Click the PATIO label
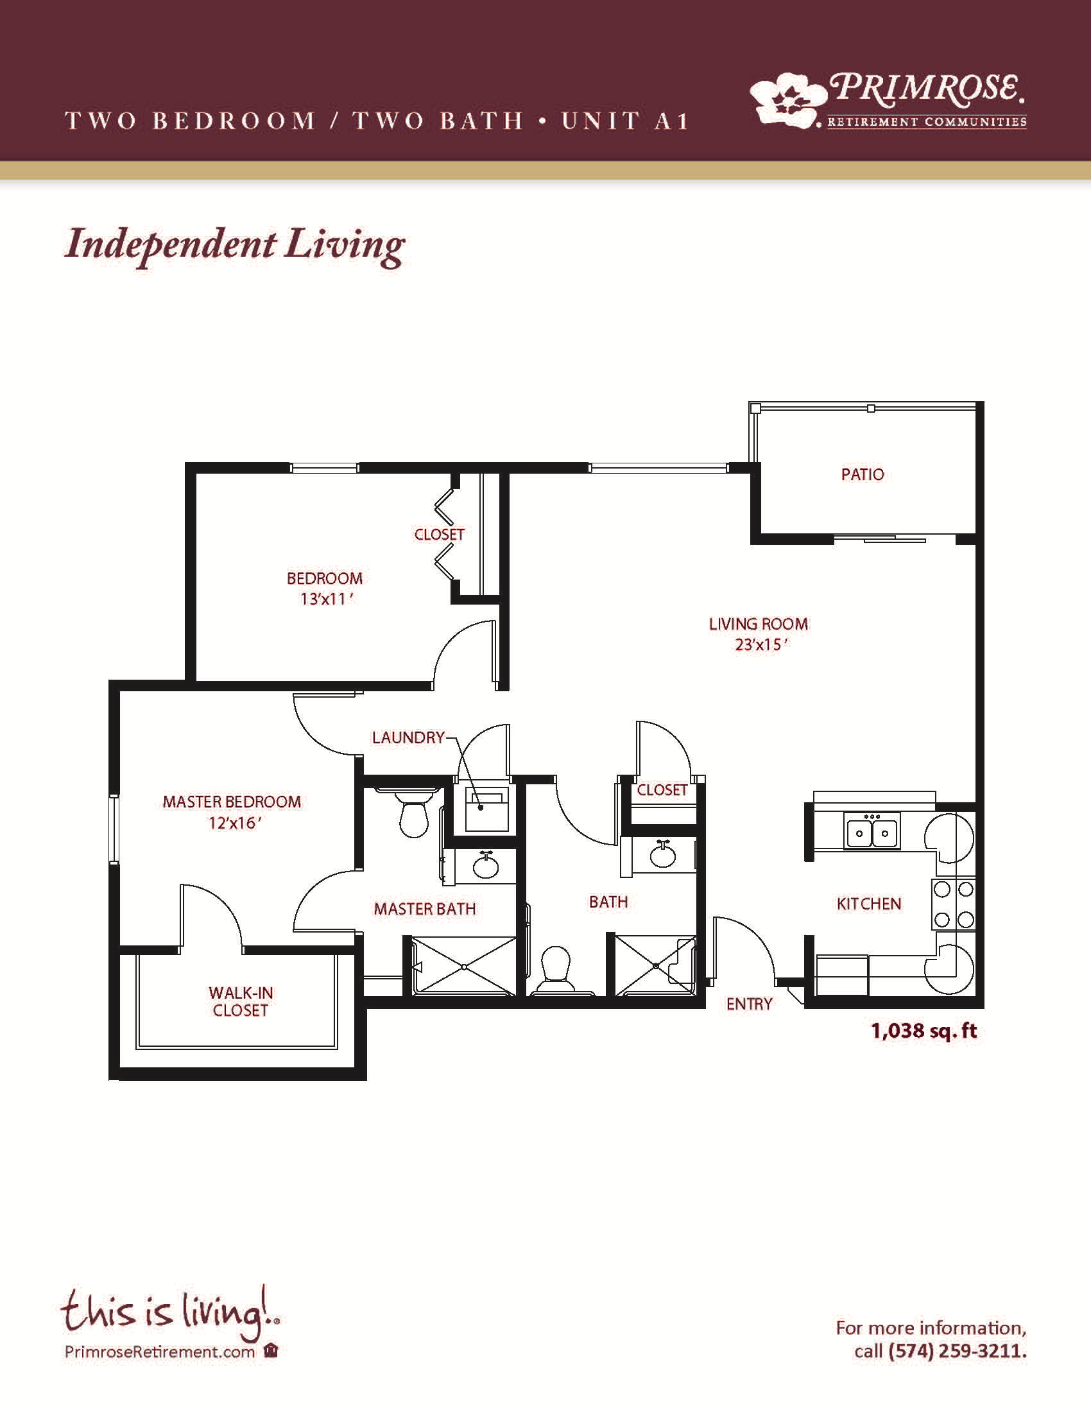[x=862, y=474]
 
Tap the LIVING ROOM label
[x=758, y=624]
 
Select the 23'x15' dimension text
[x=760, y=644]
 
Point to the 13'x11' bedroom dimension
[x=326, y=599]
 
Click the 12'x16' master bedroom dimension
[x=234, y=822]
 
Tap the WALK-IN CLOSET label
[x=241, y=1001]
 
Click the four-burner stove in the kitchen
[x=953, y=904]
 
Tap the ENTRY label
[x=749, y=1004]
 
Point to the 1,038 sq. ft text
[x=923, y=1031]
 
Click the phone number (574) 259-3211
[x=958, y=1350]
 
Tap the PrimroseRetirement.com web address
[x=160, y=1351]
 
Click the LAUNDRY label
[x=408, y=737]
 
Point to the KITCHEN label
[x=869, y=904]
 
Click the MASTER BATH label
[x=425, y=909]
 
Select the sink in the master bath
[x=485, y=866]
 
